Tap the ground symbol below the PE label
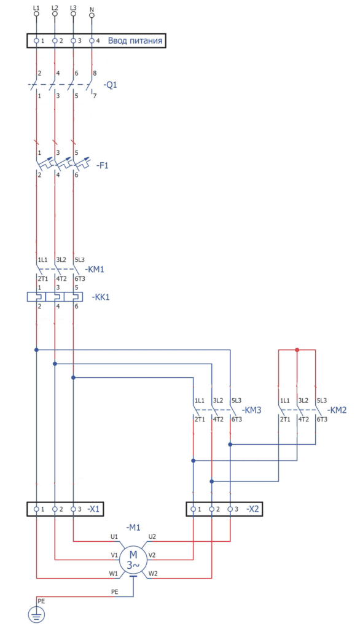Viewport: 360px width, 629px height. tap(36, 614)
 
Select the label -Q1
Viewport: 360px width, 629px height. tap(110, 85)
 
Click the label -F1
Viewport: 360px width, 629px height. tap(102, 165)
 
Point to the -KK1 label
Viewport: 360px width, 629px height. tap(100, 297)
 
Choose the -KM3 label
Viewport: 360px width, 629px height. tap(251, 410)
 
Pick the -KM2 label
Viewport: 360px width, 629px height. tap(337, 410)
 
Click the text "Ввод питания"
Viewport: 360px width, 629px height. tap(135, 41)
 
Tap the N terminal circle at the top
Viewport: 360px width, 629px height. tap(92, 15)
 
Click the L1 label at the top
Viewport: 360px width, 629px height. tap(36, 7)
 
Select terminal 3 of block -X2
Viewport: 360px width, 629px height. tap(230, 509)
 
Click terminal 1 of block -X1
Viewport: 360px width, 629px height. tap(36, 509)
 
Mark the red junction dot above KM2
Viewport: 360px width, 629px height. tap(297, 350)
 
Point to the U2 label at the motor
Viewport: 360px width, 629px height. tap(152, 536)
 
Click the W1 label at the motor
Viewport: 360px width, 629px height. tap(114, 574)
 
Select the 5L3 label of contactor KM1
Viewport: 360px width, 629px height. tap(79, 260)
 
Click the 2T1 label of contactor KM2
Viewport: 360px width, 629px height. tap(285, 419)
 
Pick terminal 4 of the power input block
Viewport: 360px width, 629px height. tap(92, 41)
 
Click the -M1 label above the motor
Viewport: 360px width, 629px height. tap(133, 527)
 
